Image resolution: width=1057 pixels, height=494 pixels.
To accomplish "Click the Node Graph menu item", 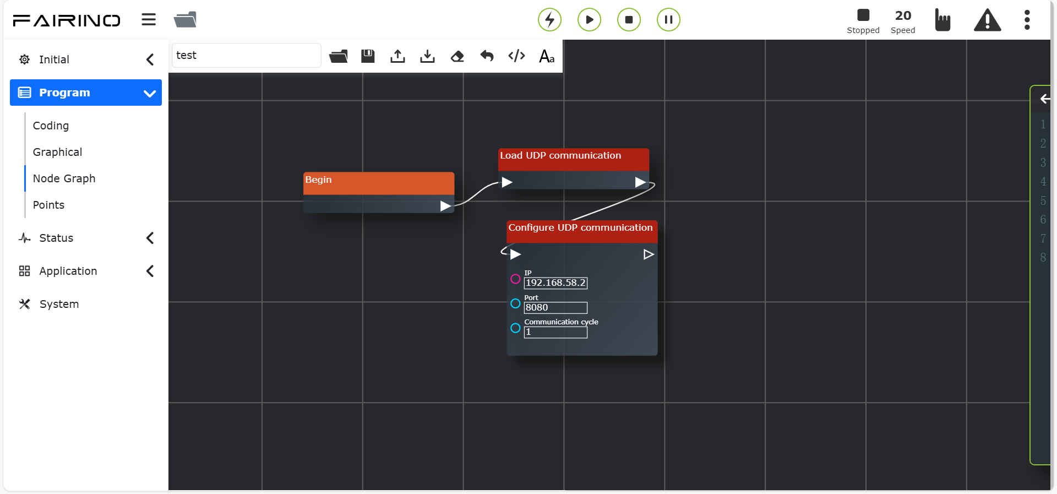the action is click(64, 178).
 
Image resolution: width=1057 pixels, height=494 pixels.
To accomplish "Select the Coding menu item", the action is click(51, 126).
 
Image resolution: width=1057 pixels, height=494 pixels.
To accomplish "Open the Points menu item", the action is click(48, 205).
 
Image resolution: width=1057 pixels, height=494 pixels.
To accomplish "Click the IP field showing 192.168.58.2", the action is click(555, 283).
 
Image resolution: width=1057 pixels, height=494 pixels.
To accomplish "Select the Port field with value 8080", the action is click(555, 308).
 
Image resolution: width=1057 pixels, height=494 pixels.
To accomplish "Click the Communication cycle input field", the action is click(555, 332).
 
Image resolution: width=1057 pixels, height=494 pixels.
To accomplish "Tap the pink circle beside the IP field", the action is click(515, 279).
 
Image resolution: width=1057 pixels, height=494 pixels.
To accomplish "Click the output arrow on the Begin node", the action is click(445, 206).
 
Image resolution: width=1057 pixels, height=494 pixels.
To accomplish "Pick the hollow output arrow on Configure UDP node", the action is click(649, 254).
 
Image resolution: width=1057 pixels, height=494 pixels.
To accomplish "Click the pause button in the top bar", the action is click(668, 20).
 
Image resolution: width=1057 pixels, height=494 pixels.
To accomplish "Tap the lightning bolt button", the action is click(549, 20).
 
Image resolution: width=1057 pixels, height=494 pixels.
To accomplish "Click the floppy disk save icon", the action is click(368, 56).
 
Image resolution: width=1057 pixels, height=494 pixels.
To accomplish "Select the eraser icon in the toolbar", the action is click(457, 56).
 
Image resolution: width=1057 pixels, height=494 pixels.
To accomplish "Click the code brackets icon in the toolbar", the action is click(516, 56).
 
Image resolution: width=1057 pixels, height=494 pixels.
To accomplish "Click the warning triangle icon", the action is click(987, 20).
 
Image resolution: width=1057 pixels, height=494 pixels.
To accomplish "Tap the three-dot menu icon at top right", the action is click(1027, 20).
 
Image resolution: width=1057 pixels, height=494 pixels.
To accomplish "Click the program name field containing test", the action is click(246, 56).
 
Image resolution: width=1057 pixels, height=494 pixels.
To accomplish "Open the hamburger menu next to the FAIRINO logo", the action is click(149, 20).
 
